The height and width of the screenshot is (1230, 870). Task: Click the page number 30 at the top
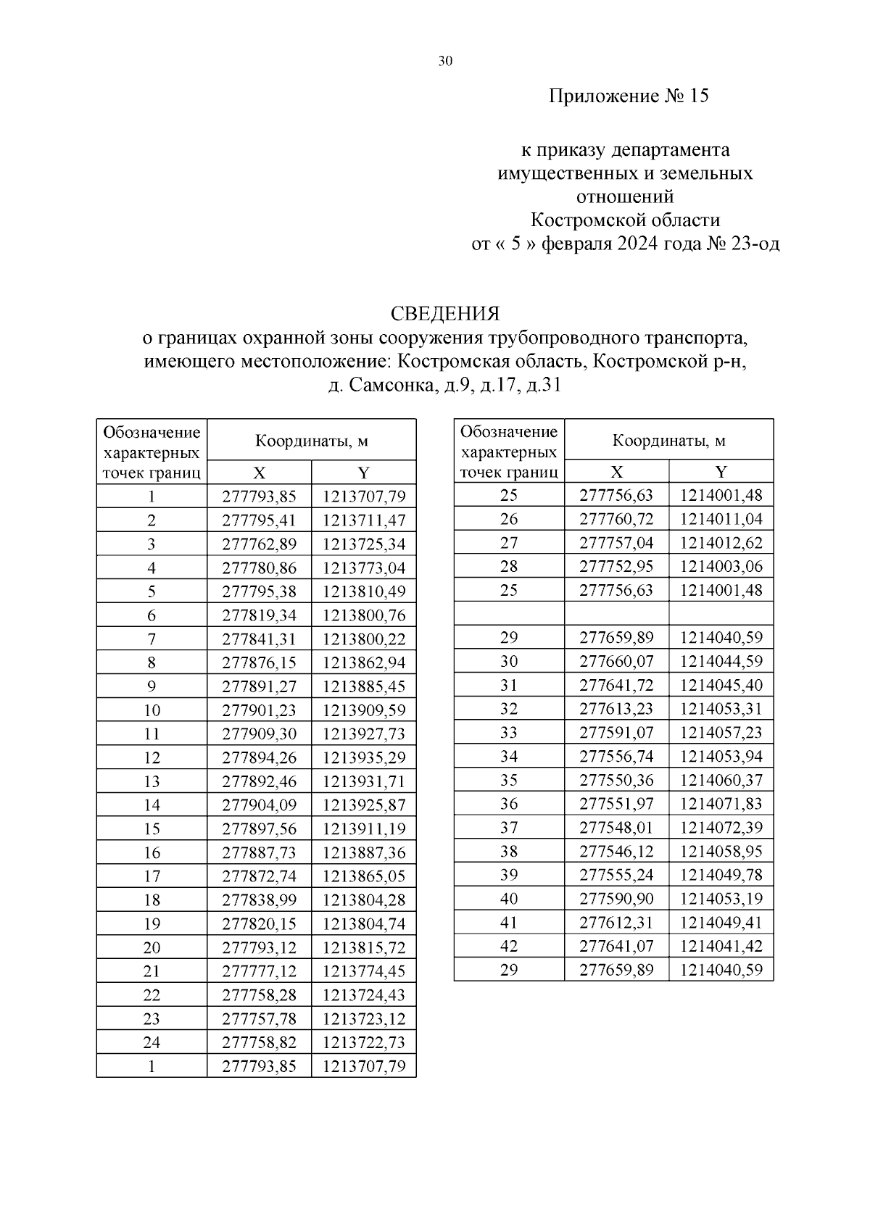pos(445,62)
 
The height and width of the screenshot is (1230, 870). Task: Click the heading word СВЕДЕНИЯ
pos(445,314)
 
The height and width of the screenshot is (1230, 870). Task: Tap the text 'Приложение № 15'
pos(628,96)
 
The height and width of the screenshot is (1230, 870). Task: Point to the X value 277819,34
pos(259,615)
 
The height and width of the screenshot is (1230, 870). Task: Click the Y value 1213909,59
pos(364,710)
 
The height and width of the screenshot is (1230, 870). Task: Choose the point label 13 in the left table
pos(152,781)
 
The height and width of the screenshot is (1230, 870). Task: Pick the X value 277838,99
pos(259,900)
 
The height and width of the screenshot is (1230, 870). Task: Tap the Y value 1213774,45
pos(364,971)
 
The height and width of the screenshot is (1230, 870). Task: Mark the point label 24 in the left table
pos(152,1042)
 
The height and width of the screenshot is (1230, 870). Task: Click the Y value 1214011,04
pos(721,519)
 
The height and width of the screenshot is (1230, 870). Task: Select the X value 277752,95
pos(616,566)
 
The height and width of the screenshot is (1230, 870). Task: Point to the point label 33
pos(509,733)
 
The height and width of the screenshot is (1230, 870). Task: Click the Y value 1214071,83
pos(721,804)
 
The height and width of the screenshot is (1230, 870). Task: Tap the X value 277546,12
pos(616,851)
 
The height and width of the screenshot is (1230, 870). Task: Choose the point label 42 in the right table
pos(509,946)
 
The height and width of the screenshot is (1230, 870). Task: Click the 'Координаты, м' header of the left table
pos(311,441)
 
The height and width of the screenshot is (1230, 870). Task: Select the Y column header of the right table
pos(721,472)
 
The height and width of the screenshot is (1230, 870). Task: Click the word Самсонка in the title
pos(391,386)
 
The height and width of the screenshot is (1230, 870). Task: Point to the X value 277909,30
pos(259,734)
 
